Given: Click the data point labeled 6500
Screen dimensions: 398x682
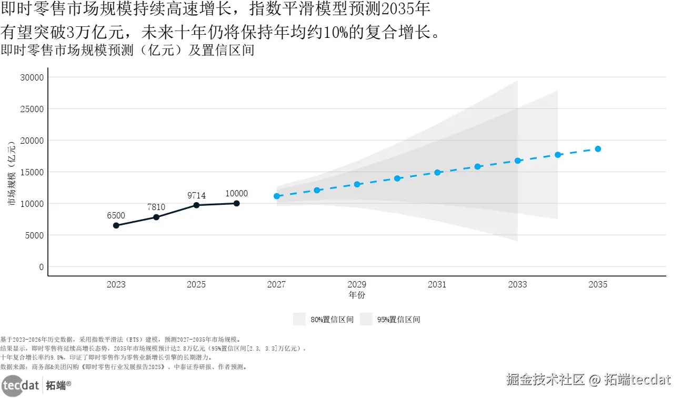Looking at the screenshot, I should pos(116,225).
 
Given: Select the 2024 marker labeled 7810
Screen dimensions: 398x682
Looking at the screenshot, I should pos(156,217).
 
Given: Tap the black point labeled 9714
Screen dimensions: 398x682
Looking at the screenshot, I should pos(196,205).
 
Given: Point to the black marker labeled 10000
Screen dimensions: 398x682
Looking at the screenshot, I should pos(236,203).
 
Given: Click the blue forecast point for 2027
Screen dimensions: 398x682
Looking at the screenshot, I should pos(277,196).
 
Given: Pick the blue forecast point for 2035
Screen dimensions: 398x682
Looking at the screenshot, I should pos(598,149).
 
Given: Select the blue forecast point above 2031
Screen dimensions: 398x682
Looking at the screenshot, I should pos(437,172).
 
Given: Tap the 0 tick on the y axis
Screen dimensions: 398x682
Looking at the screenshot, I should pos(41,267).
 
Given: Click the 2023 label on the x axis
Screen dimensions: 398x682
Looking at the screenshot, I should pos(116,285).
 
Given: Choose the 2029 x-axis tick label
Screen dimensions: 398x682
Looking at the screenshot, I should pos(357,285).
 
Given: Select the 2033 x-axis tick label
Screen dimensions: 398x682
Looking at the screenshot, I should pos(517,285).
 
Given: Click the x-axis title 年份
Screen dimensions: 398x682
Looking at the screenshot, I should pos(357,295).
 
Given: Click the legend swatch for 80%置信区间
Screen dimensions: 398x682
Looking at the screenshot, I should pos(299,319).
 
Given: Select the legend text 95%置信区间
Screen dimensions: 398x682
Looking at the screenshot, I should pos(398,320).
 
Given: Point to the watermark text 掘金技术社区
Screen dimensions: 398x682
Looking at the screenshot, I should pos(546,380).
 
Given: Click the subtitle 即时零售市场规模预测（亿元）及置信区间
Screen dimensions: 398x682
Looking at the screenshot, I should pos(127,51).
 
